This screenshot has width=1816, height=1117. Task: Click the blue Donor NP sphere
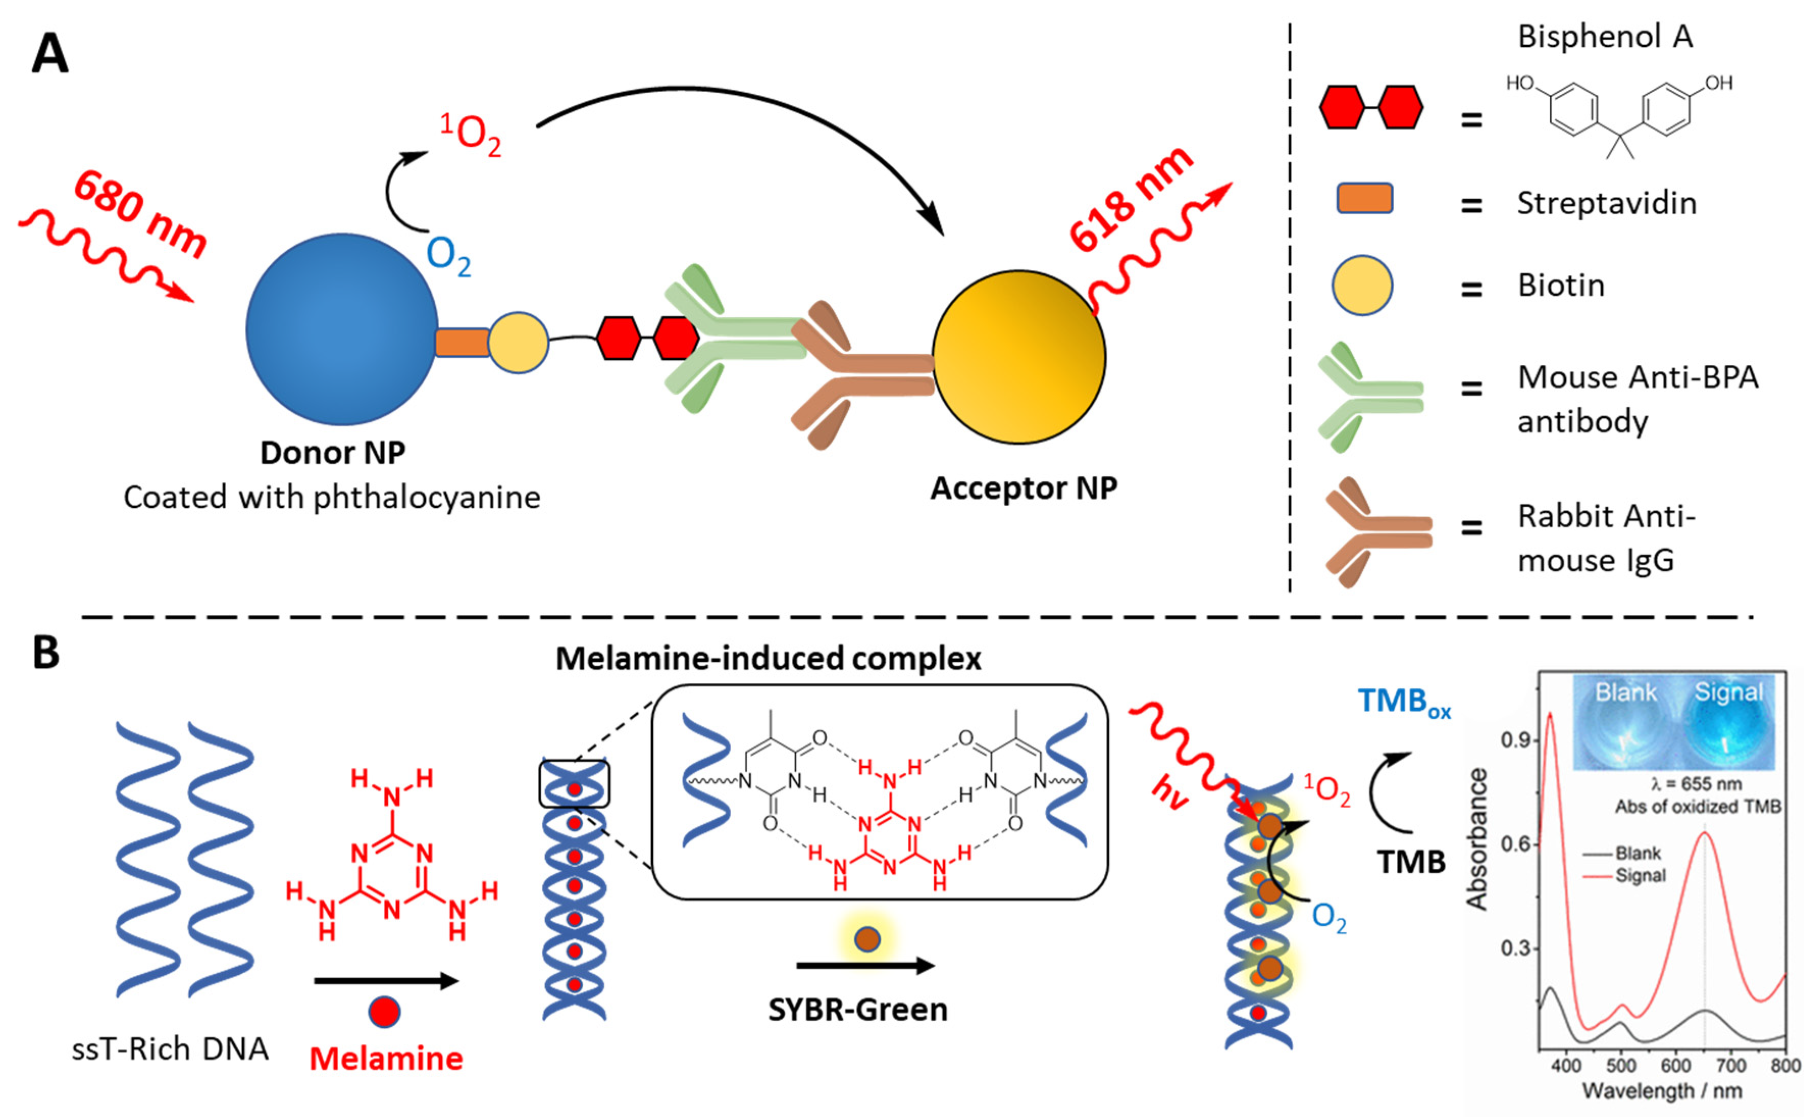click(x=341, y=329)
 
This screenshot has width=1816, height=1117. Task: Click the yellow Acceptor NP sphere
click(x=1019, y=357)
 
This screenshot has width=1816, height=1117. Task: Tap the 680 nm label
click(x=140, y=214)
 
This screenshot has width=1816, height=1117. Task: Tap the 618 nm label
click(x=1131, y=199)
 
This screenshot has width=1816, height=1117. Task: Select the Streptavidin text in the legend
click(x=1607, y=203)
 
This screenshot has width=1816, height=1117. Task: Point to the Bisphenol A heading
click(x=1605, y=36)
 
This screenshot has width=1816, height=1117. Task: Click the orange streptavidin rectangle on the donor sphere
click(x=462, y=343)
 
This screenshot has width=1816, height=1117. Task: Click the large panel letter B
click(x=46, y=653)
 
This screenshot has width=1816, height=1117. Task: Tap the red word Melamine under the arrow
click(x=386, y=1059)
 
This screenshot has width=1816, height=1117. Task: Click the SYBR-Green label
click(x=857, y=1009)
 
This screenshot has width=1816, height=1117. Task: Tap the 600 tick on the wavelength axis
click(x=1675, y=1066)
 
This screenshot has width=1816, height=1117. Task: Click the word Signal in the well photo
click(x=1728, y=692)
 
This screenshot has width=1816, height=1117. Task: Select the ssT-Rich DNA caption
click(x=170, y=1049)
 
